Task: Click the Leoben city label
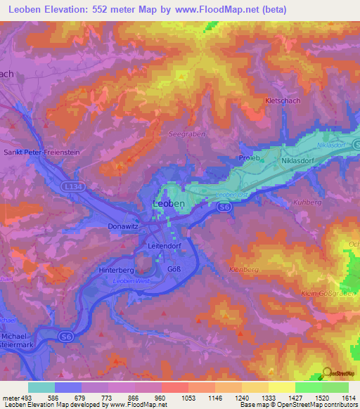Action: point(169,204)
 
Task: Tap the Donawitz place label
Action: point(124,227)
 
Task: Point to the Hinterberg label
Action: point(116,270)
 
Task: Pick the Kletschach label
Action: point(283,101)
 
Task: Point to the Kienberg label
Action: point(243,269)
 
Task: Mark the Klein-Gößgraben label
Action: point(326,293)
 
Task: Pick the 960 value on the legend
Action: point(160,398)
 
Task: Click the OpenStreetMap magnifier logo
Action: point(327,373)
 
